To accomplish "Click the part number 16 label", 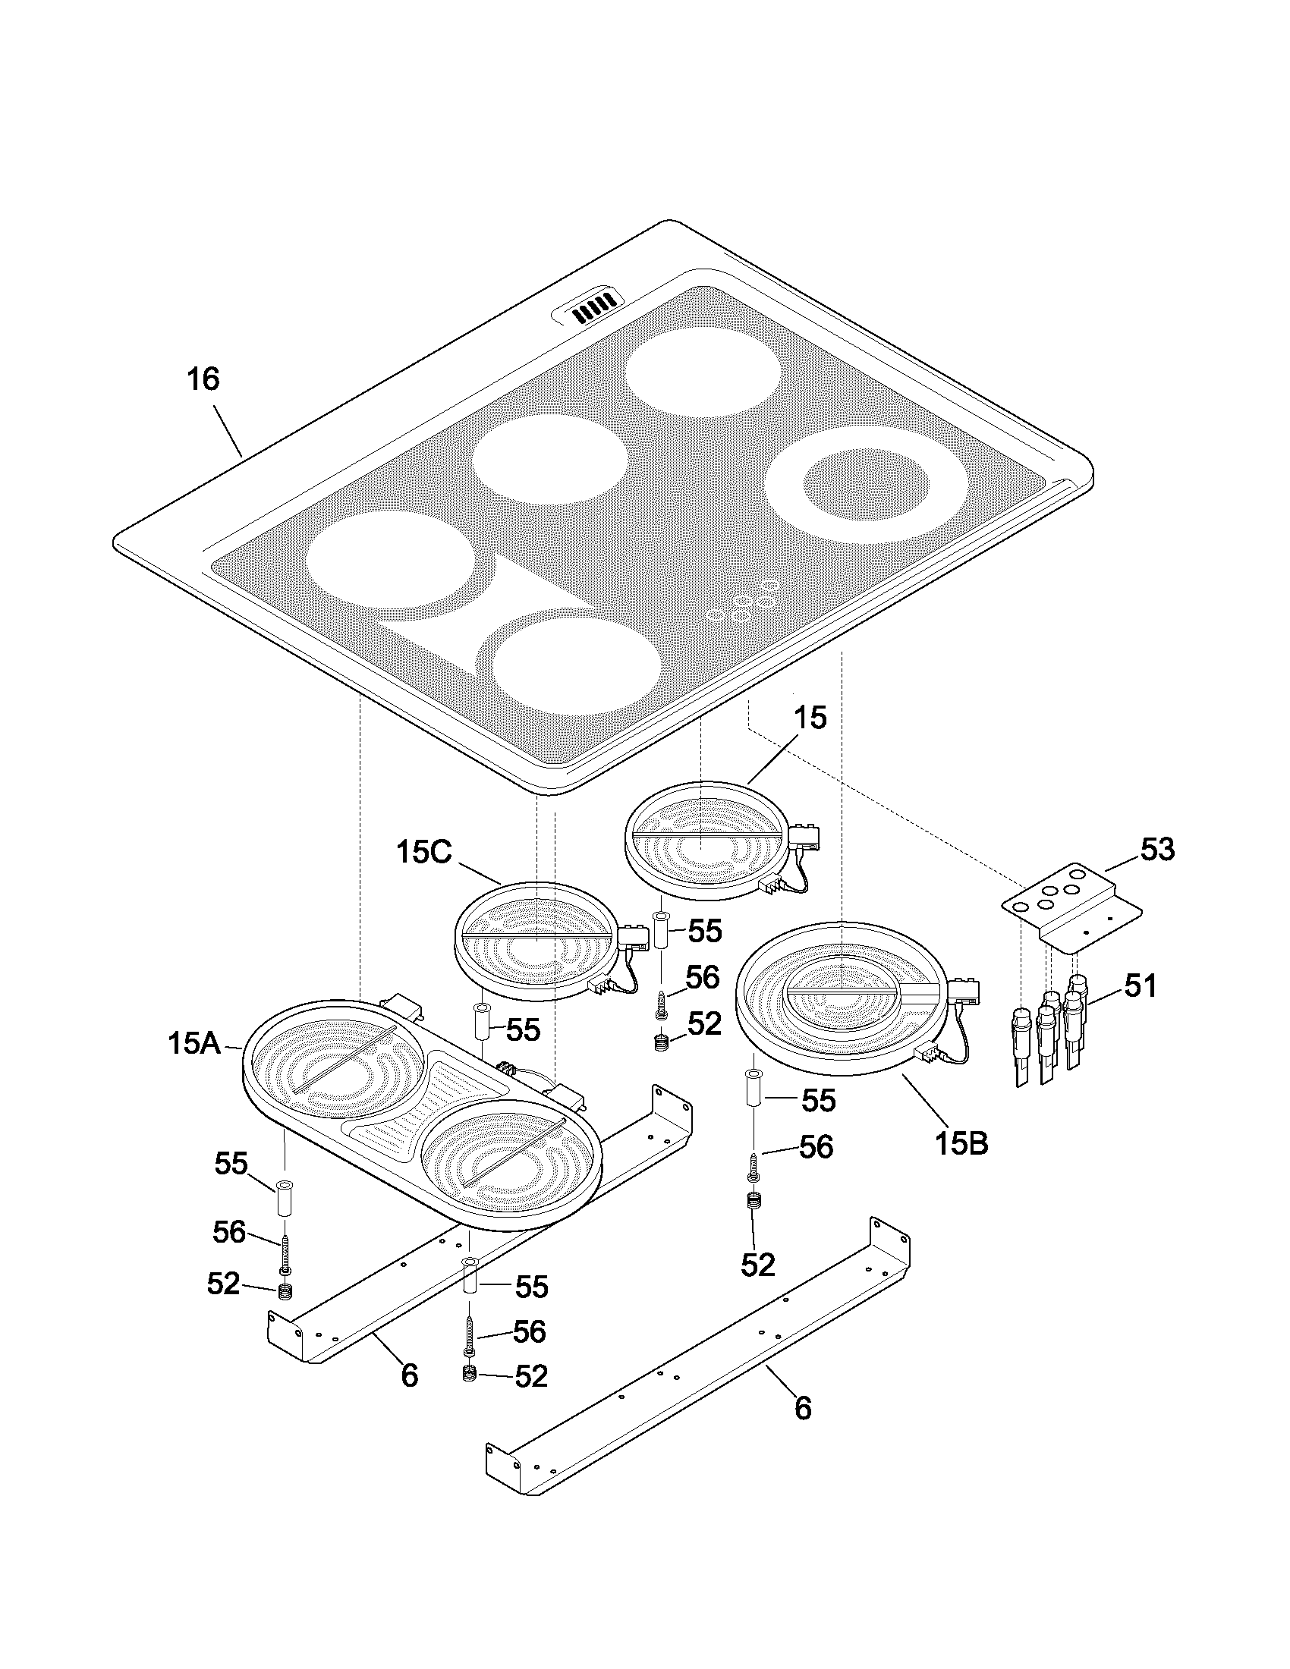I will (203, 379).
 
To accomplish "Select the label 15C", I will (424, 853).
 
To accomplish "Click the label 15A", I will (194, 1044).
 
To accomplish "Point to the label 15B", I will (961, 1143).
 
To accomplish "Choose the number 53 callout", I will (1157, 850).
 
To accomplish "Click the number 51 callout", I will (1141, 986).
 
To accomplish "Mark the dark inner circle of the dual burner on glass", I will (867, 486).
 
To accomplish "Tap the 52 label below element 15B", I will (758, 1265).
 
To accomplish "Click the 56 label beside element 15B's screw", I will (816, 1147).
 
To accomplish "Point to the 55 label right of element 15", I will (705, 931).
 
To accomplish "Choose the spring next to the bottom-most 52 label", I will (469, 1374).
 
